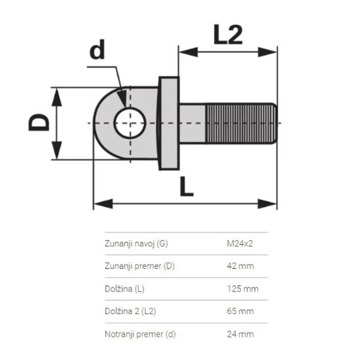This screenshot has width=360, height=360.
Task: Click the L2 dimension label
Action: click(x=228, y=33)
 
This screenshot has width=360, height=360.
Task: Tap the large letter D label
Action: click(x=39, y=122)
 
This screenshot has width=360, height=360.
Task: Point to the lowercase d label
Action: click(x=98, y=52)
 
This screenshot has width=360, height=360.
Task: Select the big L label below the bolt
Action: click(x=187, y=187)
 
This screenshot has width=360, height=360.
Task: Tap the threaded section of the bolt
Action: click(x=240, y=122)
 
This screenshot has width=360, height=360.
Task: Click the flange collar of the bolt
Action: click(x=168, y=122)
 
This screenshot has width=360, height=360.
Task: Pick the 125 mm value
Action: click(x=240, y=289)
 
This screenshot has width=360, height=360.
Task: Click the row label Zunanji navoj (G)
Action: click(x=135, y=243)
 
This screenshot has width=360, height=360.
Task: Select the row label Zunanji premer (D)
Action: click(x=139, y=266)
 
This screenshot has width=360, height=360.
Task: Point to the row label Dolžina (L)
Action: click(x=126, y=289)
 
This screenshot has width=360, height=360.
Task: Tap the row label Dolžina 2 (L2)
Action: click(x=130, y=311)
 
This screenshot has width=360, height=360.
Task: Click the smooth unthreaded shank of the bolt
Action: click(x=194, y=122)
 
